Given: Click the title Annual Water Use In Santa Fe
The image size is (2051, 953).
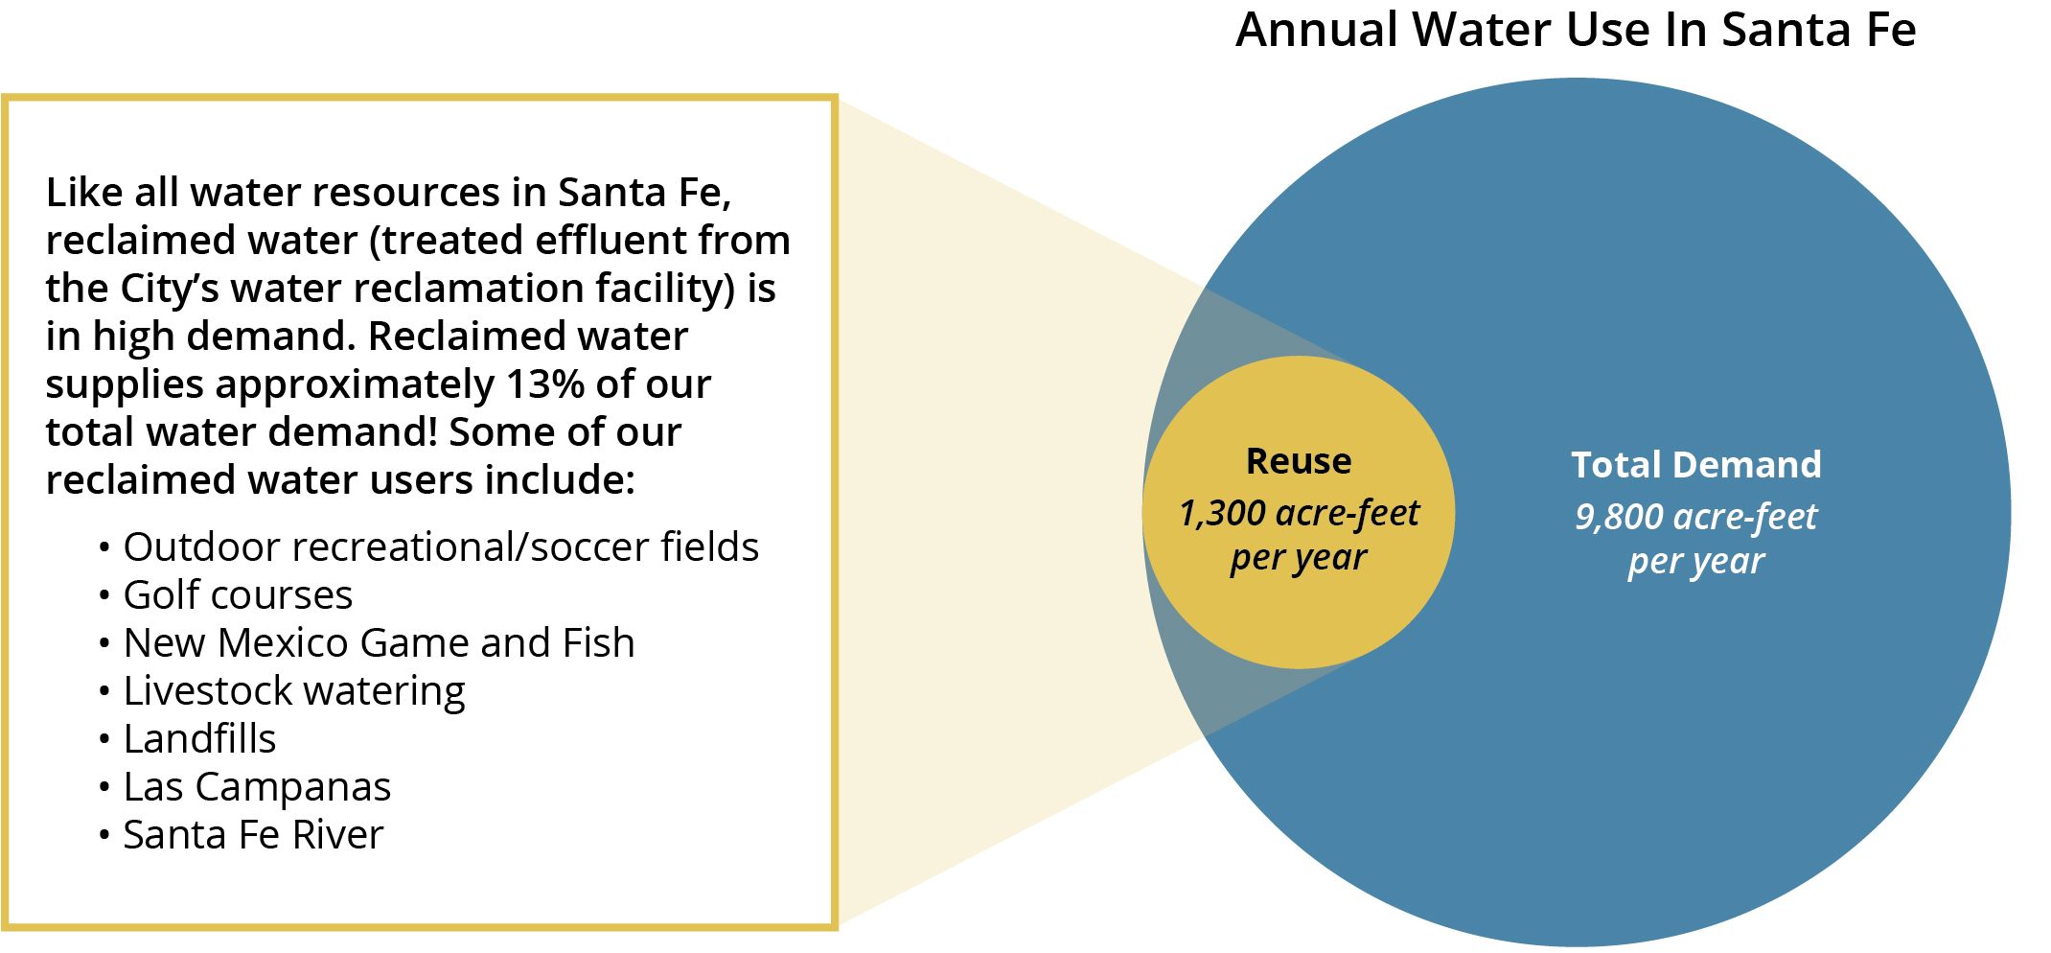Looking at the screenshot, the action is point(1576,30).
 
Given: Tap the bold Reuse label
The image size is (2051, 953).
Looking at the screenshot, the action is point(1299,461).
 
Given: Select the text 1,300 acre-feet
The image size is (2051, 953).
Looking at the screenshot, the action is point(1299,513).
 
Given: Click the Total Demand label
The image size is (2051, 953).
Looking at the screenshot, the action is point(1696,465).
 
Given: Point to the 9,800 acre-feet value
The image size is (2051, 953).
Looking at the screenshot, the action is point(1696,517).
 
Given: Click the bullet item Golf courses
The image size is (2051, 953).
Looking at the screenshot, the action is point(239,595).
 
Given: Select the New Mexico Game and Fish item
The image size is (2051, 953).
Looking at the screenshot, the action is point(380,642).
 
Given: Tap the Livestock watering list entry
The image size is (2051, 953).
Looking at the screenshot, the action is point(294,691).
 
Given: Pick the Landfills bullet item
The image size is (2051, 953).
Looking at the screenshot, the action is point(199,739).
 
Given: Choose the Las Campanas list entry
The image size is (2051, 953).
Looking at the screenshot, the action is point(257,787).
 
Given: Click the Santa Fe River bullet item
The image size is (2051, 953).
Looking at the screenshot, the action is point(253,835).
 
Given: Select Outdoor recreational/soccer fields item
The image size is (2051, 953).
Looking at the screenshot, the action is point(441,547).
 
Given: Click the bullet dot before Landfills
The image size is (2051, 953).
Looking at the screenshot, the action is point(104,740).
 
